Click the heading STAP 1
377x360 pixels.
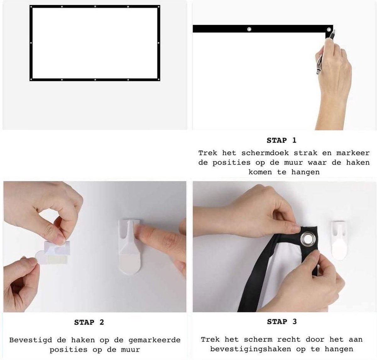tap(281, 140)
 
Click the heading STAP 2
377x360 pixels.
tap(89, 322)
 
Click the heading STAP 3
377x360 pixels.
tap(282, 322)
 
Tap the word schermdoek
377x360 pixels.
tap(265, 153)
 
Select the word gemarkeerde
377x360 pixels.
tap(155, 340)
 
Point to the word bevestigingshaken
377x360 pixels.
tap(251, 349)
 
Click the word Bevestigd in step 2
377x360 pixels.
tap(30, 340)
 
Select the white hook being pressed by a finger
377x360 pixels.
tap(129, 247)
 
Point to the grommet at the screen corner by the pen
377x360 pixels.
tap(329, 30)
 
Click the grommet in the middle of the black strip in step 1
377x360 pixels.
tap(249, 29)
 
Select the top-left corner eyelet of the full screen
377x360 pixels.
tap(31, 7)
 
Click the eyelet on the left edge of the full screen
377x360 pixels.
tap(31, 43)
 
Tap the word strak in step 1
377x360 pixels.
tap(305, 153)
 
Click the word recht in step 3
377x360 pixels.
tap(289, 340)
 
